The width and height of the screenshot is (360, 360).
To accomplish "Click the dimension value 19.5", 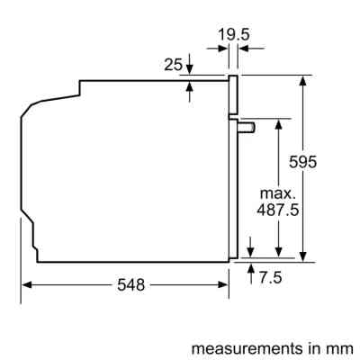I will (x=235, y=35).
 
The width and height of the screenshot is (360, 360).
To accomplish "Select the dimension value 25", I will (x=175, y=64).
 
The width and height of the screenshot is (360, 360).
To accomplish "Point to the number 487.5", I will (x=280, y=209).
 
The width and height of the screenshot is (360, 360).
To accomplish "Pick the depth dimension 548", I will (x=131, y=284).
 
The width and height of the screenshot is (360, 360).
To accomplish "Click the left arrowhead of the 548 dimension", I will (x=27, y=284).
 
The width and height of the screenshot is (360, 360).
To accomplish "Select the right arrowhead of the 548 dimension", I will (x=224, y=284).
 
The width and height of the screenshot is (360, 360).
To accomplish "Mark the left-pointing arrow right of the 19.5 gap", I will (x=245, y=54).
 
